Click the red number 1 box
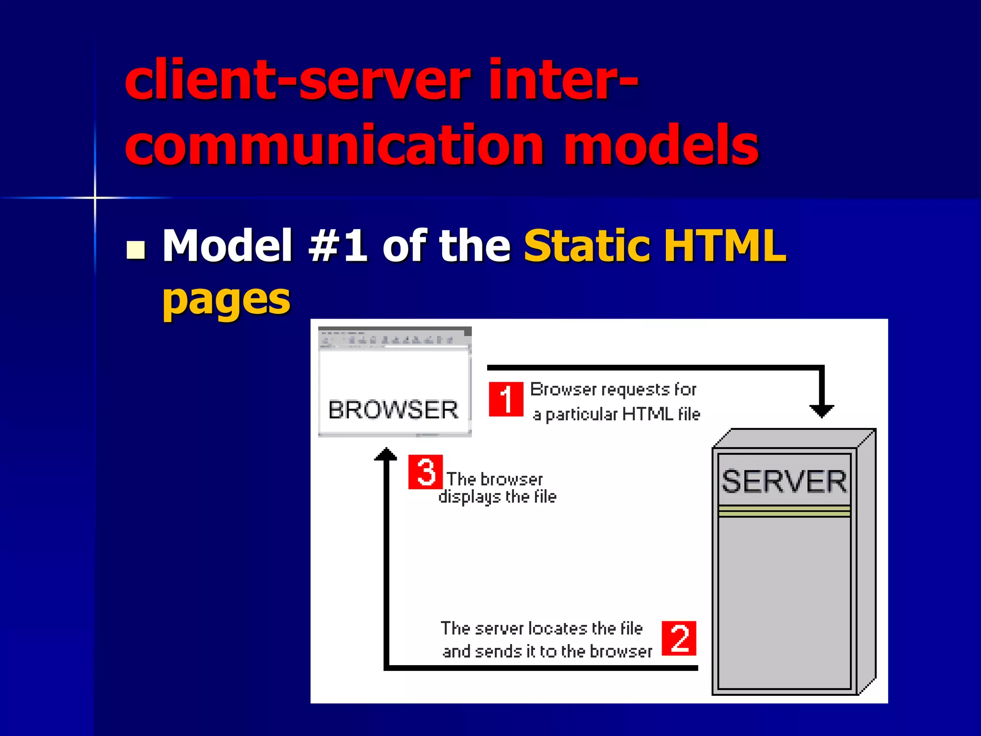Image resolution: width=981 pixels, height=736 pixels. (506, 399)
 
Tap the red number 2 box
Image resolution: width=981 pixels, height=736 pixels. (679, 638)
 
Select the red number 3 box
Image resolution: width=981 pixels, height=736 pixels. (425, 472)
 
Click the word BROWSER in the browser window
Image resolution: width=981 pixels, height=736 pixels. (393, 410)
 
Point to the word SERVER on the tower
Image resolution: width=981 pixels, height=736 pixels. (784, 482)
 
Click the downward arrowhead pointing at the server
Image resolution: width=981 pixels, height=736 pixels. (821, 411)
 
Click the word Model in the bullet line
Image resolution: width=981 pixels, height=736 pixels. (228, 245)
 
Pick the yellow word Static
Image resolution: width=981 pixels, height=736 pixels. (586, 245)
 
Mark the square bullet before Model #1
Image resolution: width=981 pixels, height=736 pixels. (136, 250)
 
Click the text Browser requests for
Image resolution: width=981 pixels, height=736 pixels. (613, 390)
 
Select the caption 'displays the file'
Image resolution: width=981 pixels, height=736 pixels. (497, 497)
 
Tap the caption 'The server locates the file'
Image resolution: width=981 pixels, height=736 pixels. (541, 628)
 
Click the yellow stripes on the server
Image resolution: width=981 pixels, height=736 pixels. (784, 511)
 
